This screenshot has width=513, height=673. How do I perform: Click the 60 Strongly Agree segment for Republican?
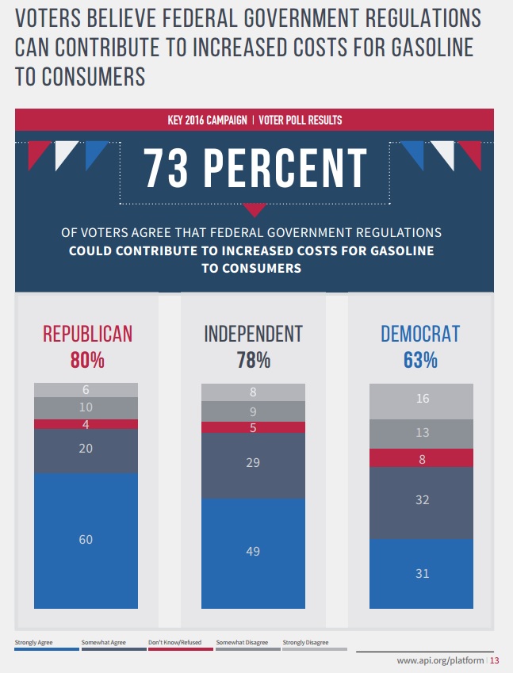pyautogui.click(x=86, y=540)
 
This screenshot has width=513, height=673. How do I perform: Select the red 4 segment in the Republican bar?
pyautogui.click(x=86, y=424)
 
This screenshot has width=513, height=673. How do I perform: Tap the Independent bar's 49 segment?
pyautogui.click(x=253, y=552)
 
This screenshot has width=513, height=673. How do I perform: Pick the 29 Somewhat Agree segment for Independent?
pyautogui.click(x=253, y=462)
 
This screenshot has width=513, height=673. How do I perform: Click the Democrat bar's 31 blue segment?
pyautogui.click(x=422, y=573)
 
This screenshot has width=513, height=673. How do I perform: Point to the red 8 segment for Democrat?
pyautogui.click(x=422, y=457)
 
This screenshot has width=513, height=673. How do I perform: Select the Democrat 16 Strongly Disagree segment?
pyautogui.click(x=422, y=400)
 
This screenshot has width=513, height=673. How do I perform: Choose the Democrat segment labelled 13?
pyautogui.click(x=422, y=433)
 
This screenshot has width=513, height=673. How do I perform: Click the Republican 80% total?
pyautogui.click(x=87, y=360)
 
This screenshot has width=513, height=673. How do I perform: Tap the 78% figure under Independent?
pyautogui.click(x=253, y=360)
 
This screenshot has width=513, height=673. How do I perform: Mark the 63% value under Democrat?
pyautogui.click(x=420, y=360)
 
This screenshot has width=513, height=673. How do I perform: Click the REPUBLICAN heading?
pyautogui.click(x=87, y=334)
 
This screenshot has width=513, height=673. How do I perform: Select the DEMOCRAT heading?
pyautogui.click(x=420, y=334)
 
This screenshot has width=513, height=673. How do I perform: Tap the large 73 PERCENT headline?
pyautogui.click(x=254, y=170)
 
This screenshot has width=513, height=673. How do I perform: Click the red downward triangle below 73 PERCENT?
pyautogui.click(x=254, y=210)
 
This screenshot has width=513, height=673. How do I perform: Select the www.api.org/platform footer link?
pyautogui.click(x=440, y=661)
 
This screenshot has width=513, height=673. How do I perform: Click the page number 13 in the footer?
pyautogui.click(x=495, y=661)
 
